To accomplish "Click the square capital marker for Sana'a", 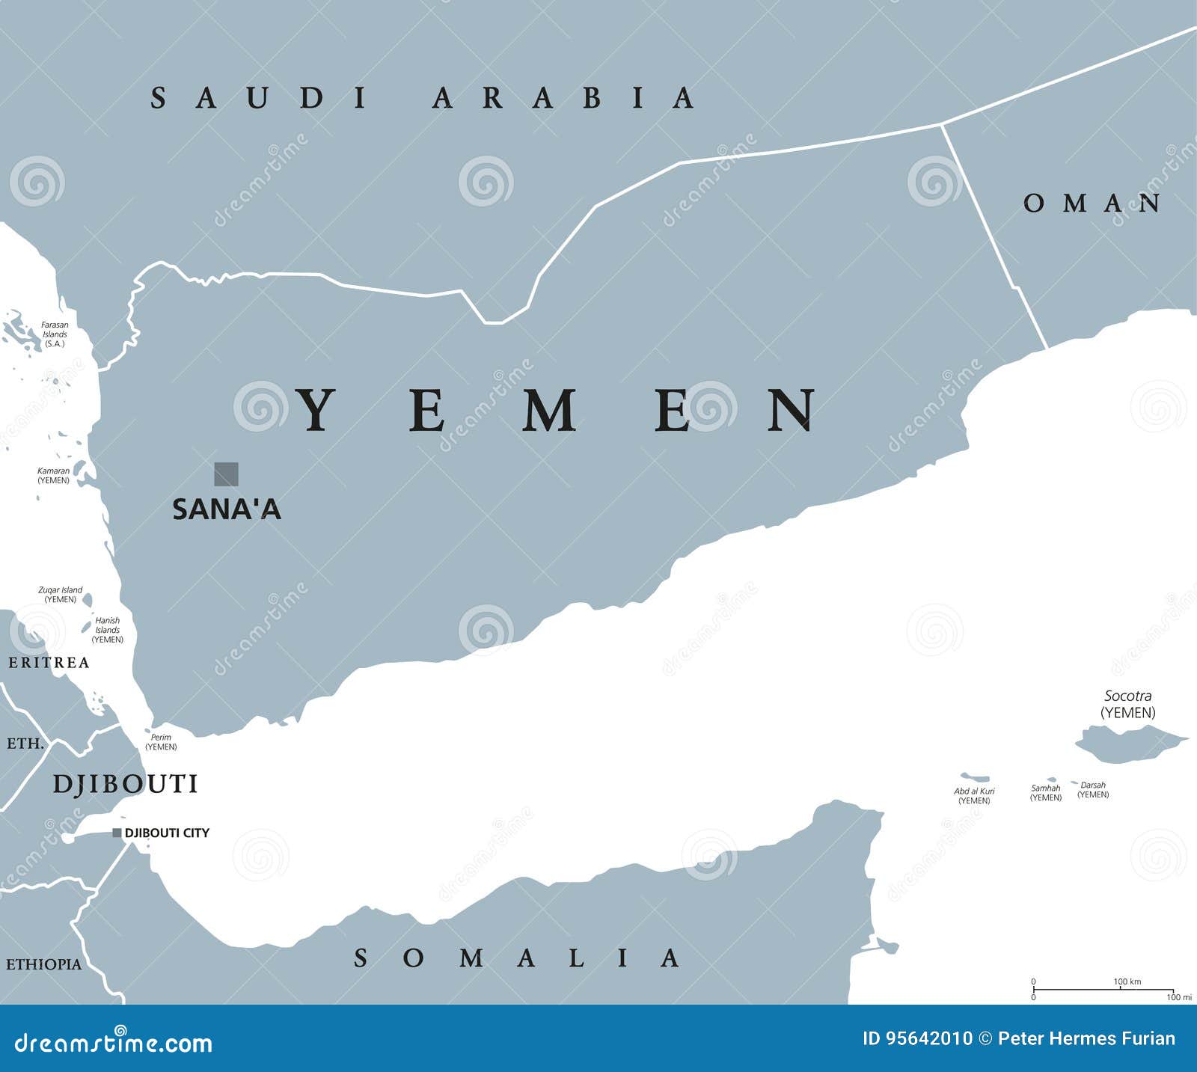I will pyautogui.click(x=226, y=474).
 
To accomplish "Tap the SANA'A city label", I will pyautogui.click(x=227, y=509).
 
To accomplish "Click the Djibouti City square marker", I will pyautogui.click(x=117, y=833).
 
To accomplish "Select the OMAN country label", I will pyautogui.click(x=1092, y=203).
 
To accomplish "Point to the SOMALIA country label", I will pyautogui.click(x=517, y=958).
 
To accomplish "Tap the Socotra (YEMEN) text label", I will pyautogui.click(x=1128, y=704).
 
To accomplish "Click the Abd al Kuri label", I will pyautogui.click(x=974, y=795).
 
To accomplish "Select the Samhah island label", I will pyautogui.click(x=1045, y=792).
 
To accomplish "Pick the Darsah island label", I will pyautogui.click(x=1093, y=789).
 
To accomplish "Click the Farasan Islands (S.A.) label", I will pyautogui.click(x=55, y=334).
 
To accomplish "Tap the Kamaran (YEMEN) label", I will pyautogui.click(x=54, y=475).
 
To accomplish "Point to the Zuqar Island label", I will pyautogui.click(x=61, y=595).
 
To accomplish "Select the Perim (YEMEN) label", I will pyautogui.click(x=161, y=741).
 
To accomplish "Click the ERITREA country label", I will pyautogui.click(x=49, y=663).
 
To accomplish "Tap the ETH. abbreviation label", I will pyautogui.click(x=25, y=744).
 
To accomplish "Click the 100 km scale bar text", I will pyautogui.click(x=1127, y=981).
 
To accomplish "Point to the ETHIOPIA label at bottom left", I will pyautogui.click(x=43, y=964).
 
